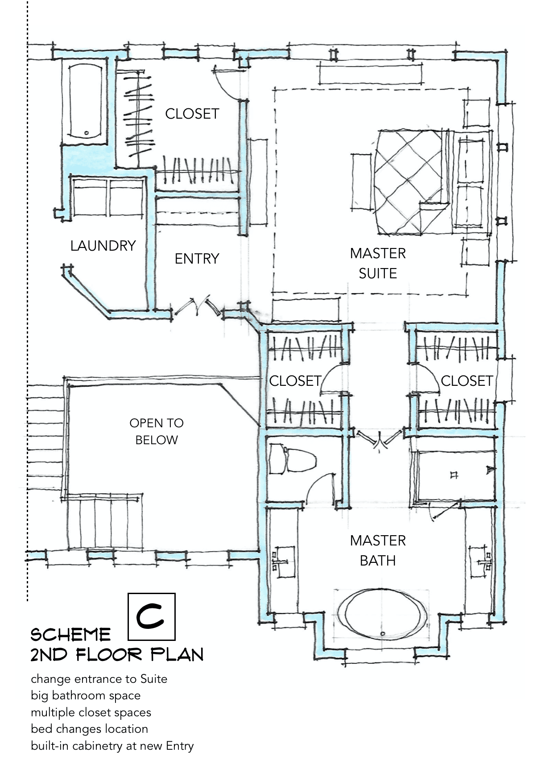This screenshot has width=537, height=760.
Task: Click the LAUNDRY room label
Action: click(103, 246)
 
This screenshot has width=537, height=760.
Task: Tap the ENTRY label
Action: click(197, 259)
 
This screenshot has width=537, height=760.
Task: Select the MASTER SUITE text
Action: click(378, 263)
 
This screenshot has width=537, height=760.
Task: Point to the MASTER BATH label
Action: click(378, 550)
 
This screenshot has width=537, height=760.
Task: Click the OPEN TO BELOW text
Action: click(157, 432)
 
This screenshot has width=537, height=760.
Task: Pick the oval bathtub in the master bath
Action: click(382, 614)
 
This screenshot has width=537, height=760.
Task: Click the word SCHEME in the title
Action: click(70, 635)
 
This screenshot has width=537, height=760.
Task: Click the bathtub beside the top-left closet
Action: click(86, 102)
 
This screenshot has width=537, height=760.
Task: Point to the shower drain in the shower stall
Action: click(454, 475)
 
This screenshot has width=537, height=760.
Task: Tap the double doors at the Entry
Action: click(198, 306)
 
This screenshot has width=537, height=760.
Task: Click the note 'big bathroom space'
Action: click(86, 695)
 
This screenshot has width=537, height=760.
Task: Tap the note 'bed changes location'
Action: click(90, 728)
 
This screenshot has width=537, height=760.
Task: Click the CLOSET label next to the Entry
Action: click(192, 114)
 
